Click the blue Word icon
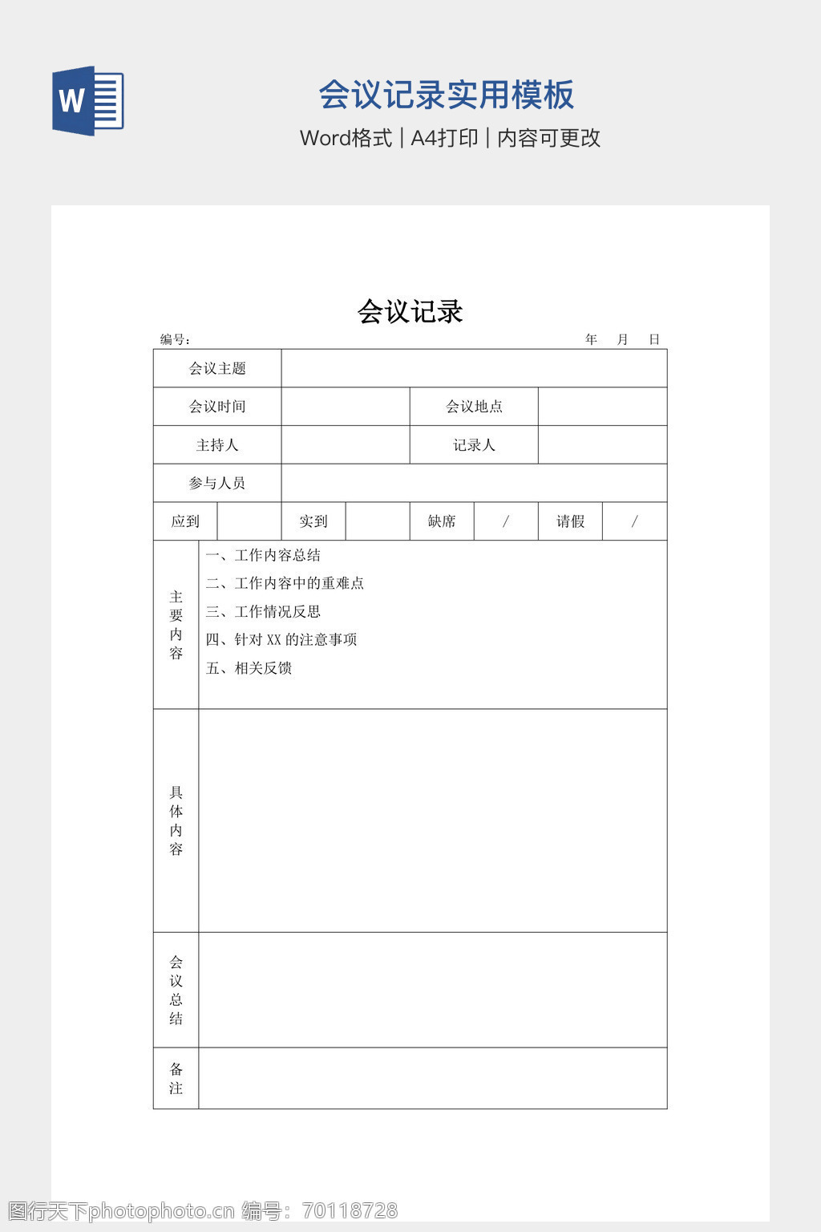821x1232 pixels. [x=88, y=101]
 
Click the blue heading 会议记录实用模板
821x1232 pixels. [x=446, y=95]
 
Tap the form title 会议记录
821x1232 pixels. [x=410, y=311]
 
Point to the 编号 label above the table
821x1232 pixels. [x=174, y=339]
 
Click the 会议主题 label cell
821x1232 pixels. [x=217, y=368]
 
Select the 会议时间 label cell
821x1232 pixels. [x=217, y=407]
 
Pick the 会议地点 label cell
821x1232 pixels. [x=474, y=407]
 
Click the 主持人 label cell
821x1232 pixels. [x=217, y=445]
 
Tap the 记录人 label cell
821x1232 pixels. [x=474, y=445]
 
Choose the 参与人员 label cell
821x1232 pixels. [x=217, y=483]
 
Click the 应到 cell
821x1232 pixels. [x=185, y=521]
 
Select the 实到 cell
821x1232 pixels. [x=313, y=521]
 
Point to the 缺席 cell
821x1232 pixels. [x=442, y=521]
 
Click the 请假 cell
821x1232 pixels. [x=570, y=521]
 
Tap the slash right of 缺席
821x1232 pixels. [x=506, y=521]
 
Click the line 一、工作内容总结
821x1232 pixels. [x=263, y=555]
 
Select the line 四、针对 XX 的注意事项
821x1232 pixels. [x=281, y=639]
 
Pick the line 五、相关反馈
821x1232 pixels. [x=249, y=668]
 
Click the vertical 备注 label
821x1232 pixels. [x=176, y=1078]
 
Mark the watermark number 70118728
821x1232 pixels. [x=350, y=1210]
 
